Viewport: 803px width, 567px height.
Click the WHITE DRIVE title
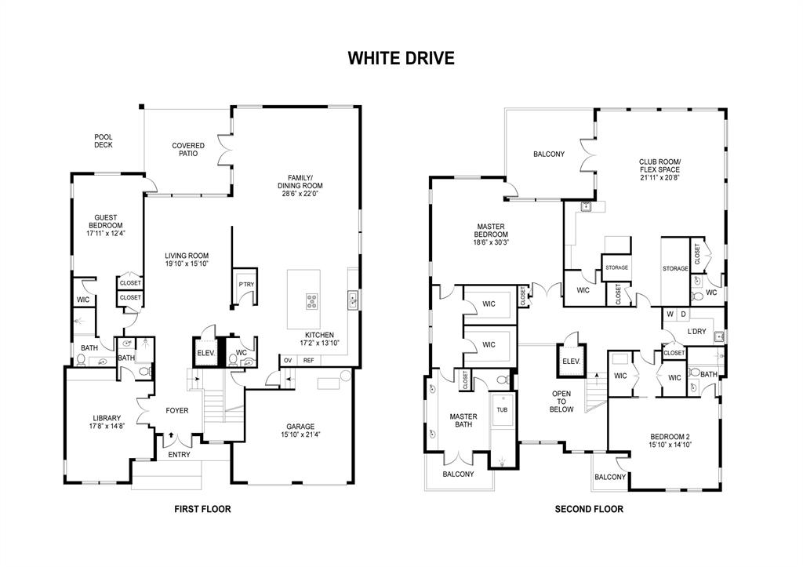401,59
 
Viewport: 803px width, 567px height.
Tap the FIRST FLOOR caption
202,509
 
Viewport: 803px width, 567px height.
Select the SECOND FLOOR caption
589,509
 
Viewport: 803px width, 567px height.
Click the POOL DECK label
104,141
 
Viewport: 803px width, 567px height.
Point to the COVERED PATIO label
188,149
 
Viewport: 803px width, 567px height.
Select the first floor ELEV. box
205,353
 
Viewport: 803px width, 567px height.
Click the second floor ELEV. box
570,361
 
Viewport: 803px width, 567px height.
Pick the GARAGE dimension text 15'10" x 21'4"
300,434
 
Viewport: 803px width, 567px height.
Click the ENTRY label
179,455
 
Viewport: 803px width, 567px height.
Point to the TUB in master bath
502,409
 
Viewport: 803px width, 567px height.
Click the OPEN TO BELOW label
561,401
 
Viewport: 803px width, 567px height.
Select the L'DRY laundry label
697,332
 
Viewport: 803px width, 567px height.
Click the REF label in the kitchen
309,360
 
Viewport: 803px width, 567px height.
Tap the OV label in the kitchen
288,360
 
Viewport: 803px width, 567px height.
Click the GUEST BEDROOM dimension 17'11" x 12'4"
105,233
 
